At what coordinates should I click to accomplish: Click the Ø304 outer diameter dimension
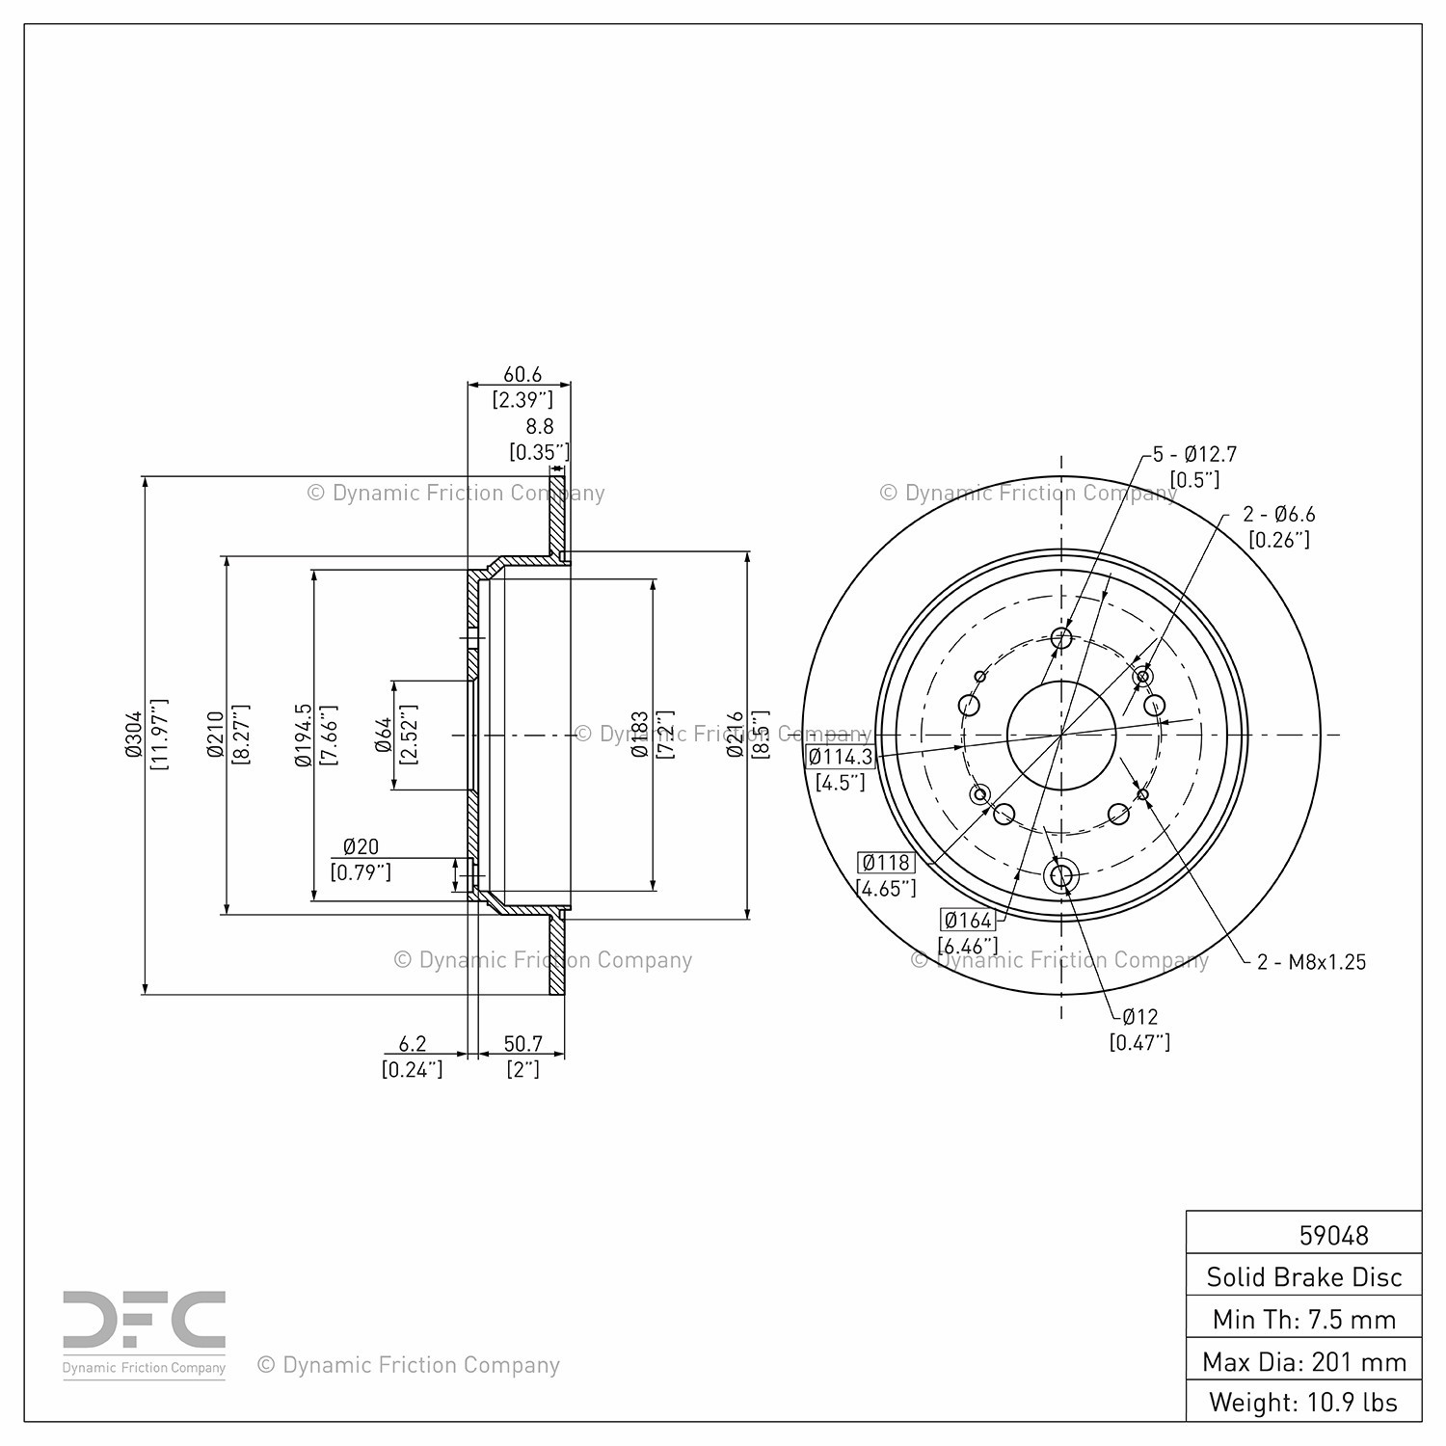pos(133,735)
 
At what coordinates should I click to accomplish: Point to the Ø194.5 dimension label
pos(303,735)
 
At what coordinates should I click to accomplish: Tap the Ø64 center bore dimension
pos(383,735)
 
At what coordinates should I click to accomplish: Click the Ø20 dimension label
pos(361,846)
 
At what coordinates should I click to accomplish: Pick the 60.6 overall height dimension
pos(522,374)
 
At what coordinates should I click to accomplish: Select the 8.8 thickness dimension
pos(540,426)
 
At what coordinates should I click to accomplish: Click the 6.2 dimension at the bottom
pos(412,1044)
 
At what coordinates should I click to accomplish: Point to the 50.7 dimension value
pos(522,1044)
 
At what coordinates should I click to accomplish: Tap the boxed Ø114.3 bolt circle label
pos(841,757)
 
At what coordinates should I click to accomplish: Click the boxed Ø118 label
pos(886,862)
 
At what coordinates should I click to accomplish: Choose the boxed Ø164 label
pos(968,920)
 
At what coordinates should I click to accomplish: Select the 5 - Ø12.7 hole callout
pos(1195,453)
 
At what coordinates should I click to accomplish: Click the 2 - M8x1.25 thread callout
pos(1312,961)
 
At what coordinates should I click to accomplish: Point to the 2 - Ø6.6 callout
pos(1279,515)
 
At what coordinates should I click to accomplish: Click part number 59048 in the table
pos(1334,1235)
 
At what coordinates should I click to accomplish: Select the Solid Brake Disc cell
pos(1304,1276)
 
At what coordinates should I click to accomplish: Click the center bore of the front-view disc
pos(1061,735)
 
